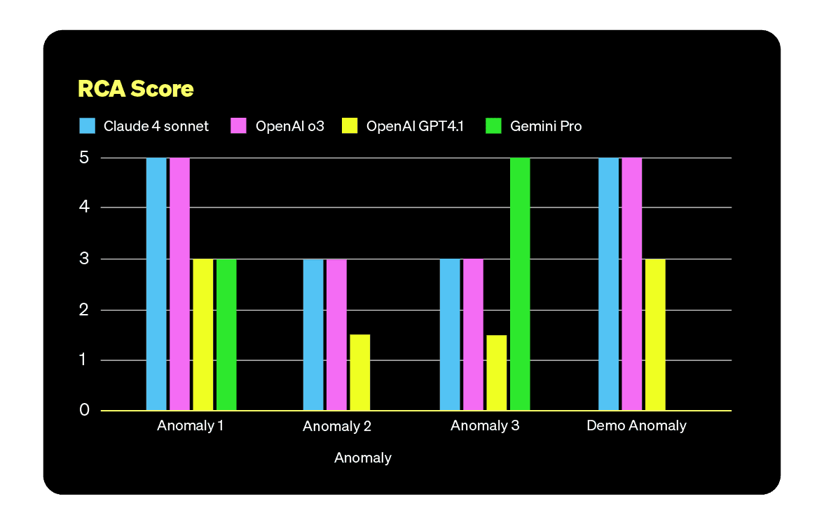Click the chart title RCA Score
coord(135,90)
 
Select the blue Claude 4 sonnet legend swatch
coord(88,126)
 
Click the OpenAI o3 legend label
coord(289,126)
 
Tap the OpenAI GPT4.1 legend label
coord(415,126)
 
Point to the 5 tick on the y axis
coord(84,158)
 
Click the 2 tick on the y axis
coord(84,310)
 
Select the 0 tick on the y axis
coord(84,409)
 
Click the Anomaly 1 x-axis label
coord(191,425)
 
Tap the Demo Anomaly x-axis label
coord(636,425)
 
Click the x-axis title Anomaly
coord(362,458)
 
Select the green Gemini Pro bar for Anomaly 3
coord(520,284)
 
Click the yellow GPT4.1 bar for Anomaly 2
coord(359,372)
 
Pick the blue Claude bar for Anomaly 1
coord(156,284)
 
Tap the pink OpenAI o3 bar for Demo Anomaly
coord(632,284)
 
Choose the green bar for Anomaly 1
coord(226,334)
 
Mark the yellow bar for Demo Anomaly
coord(655,334)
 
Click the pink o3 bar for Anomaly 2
coord(336,334)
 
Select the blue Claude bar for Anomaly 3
coord(450,334)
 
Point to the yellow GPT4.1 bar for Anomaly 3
coord(496,372)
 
